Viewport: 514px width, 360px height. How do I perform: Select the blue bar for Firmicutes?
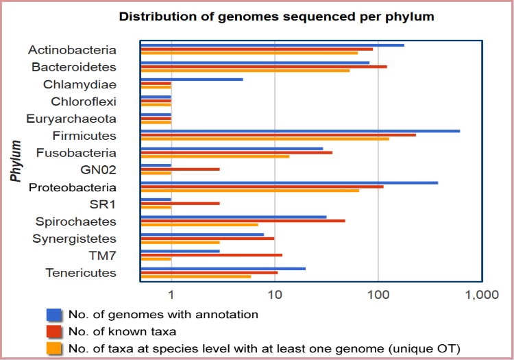coord(299,131)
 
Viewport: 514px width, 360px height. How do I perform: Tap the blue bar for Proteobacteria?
coord(289,182)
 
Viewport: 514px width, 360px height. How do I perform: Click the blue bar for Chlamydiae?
coord(191,80)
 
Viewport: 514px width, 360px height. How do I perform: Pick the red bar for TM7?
coord(211,255)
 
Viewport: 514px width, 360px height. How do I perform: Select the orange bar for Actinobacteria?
coord(249,53)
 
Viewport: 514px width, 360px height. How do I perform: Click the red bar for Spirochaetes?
coord(243,221)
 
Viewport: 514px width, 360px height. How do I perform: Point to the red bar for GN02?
coord(180,169)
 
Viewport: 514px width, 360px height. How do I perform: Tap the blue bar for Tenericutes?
coord(223,269)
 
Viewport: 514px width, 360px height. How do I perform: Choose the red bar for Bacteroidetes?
coord(263,67)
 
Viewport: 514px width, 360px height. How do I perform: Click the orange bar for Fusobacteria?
coord(215,156)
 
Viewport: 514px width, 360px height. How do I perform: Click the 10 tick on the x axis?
coord(274,295)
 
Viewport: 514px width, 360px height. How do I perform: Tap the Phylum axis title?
coord(16,161)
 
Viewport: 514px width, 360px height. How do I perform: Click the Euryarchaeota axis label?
coord(71,119)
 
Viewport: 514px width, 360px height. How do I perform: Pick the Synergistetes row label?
coord(74,239)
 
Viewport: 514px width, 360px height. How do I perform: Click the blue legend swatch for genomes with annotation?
coord(54,315)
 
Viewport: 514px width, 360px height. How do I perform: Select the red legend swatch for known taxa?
coord(54,332)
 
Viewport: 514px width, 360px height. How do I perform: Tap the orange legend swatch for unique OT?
coord(54,348)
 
